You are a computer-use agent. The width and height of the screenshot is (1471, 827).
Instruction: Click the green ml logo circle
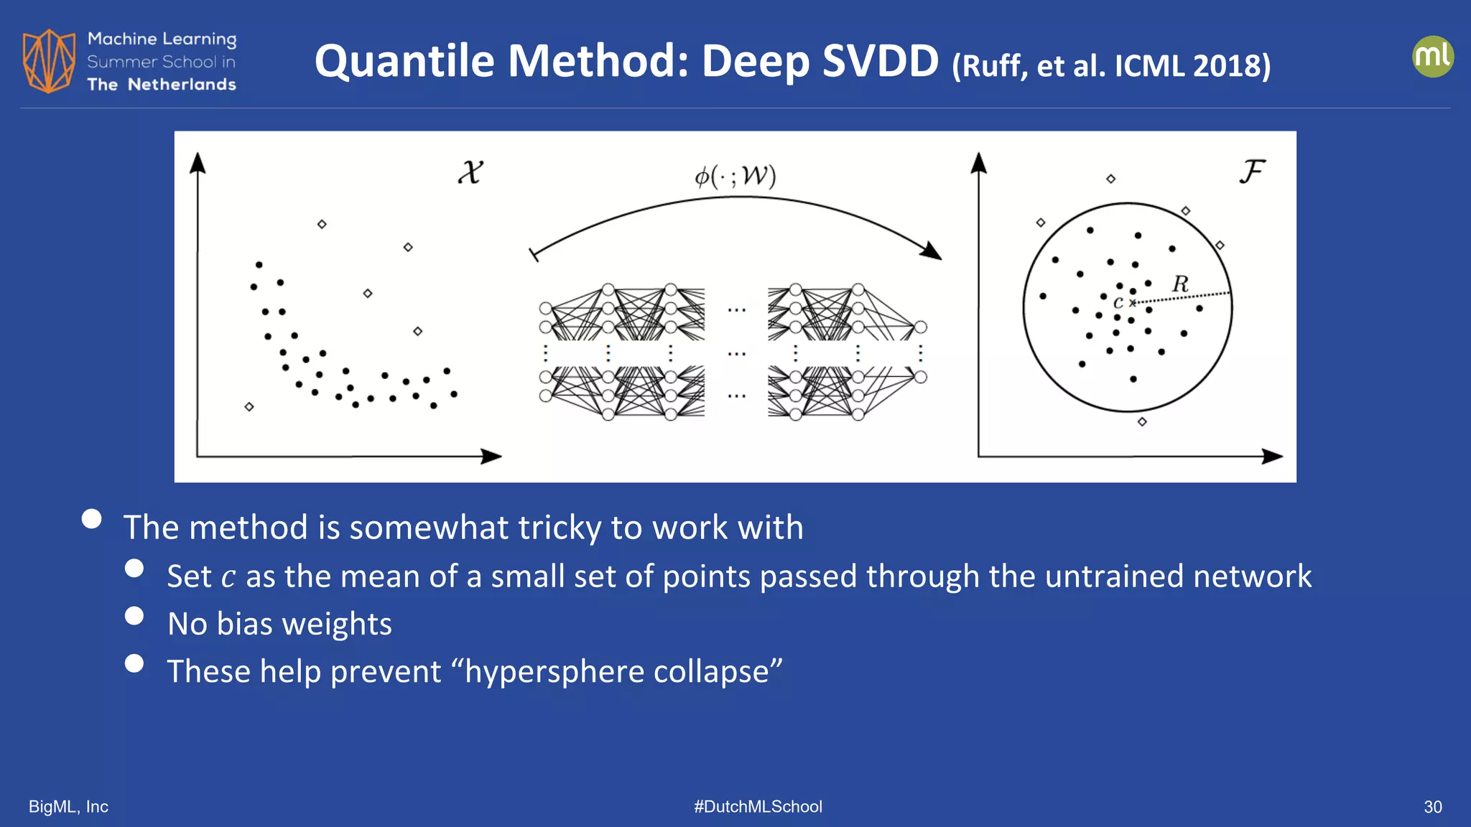(x=1432, y=57)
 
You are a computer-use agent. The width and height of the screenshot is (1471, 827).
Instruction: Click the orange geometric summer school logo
(x=49, y=61)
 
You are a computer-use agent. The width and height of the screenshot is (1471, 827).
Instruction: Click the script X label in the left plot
(x=470, y=172)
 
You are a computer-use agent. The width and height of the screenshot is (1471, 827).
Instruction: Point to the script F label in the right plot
(x=1252, y=172)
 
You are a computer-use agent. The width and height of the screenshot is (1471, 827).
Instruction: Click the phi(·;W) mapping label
(x=735, y=176)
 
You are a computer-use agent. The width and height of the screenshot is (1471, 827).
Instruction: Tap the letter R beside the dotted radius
(x=1180, y=284)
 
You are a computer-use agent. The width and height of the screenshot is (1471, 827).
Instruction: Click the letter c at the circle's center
(x=1118, y=303)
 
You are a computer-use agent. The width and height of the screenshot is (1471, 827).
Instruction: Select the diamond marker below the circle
(x=1142, y=421)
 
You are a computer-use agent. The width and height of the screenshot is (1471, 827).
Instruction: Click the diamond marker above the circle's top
(x=1110, y=179)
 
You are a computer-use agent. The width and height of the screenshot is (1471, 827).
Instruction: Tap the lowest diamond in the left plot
(x=249, y=407)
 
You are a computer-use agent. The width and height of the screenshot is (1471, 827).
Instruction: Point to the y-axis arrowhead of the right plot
(x=978, y=163)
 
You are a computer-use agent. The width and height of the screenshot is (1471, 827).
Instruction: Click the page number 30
(x=1432, y=807)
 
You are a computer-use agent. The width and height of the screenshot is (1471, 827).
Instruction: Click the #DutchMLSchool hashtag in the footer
(x=758, y=807)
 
